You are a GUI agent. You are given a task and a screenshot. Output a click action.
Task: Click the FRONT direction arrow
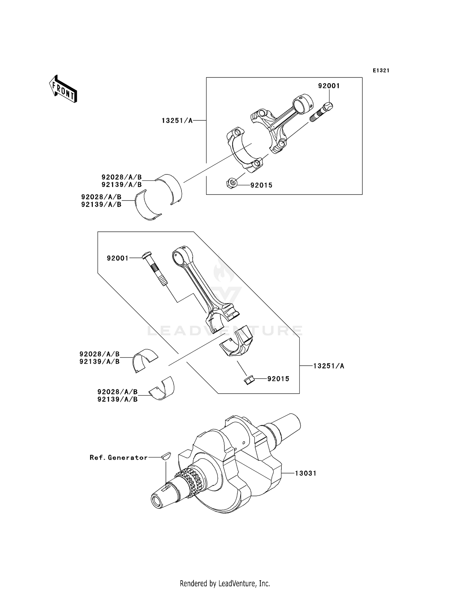click(x=63, y=89)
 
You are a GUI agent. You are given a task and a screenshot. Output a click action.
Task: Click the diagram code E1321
click(x=381, y=71)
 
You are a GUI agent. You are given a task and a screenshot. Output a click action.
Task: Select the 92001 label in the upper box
click(x=329, y=86)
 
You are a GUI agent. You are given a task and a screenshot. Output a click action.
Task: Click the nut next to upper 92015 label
click(x=232, y=183)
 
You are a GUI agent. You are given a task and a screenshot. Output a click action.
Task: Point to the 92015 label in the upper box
click(x=261, y=185)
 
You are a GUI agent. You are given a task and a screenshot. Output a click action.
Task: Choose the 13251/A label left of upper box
click(x=177, y=120)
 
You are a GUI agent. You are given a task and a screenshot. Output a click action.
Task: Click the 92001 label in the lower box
click(x=118, y=258)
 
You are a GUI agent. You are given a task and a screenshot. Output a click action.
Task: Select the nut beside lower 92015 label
click(x=249, y=380)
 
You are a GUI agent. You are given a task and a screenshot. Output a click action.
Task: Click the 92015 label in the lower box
click(x=278, y=379)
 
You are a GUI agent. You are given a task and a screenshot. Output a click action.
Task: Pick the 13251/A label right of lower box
click(x=329, y=366)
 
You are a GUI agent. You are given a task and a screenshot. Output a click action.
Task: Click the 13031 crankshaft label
click(x=305, y=473)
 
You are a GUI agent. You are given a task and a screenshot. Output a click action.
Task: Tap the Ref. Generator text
click(x=118, y=458)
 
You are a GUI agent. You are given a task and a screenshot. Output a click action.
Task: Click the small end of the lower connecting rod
click(x=182, y=256)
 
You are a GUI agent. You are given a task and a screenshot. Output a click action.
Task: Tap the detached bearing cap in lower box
click(x=237, y=342)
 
